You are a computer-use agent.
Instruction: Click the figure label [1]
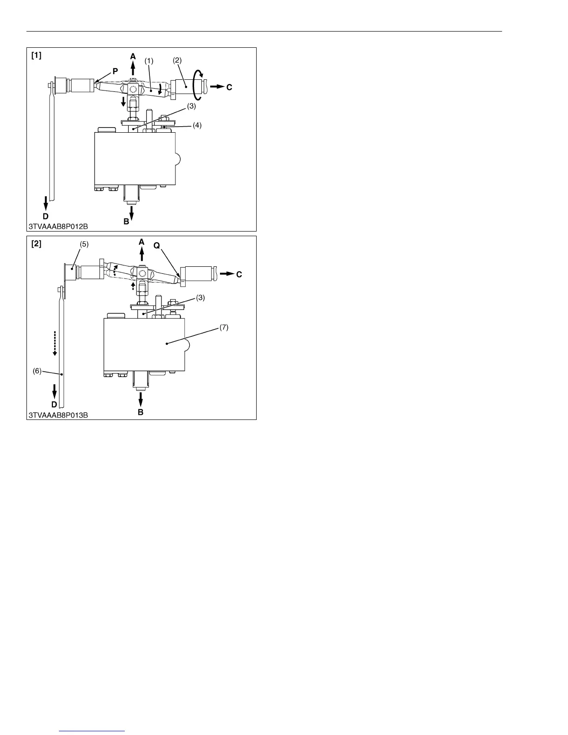click(x=36, y=56)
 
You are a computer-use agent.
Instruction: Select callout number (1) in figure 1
click(x=148, y=60)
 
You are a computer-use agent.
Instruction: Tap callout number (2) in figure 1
click(x=177, y=60)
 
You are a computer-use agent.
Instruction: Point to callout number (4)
click(x=197, y=125)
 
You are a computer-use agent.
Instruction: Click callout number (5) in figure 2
click(x=84, y=244)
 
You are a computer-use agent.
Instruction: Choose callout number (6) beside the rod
click(x=38, y=371)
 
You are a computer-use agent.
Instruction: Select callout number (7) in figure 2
click(x=224, y=328)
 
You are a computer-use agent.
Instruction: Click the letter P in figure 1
click(x=115, y=71)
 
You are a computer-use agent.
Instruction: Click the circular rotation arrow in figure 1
click(x=199, y=85)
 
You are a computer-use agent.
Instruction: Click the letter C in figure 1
click(x=229, y=87)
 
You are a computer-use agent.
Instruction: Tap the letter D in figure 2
click(x=54, y=405)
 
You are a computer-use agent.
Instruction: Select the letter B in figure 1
click(x=126, y=222)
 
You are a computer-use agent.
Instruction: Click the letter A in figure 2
click(x=142, y=242)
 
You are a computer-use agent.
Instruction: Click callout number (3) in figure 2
click(x=200, y=298)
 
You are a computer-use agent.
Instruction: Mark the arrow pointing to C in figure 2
click(x=226, y=274)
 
